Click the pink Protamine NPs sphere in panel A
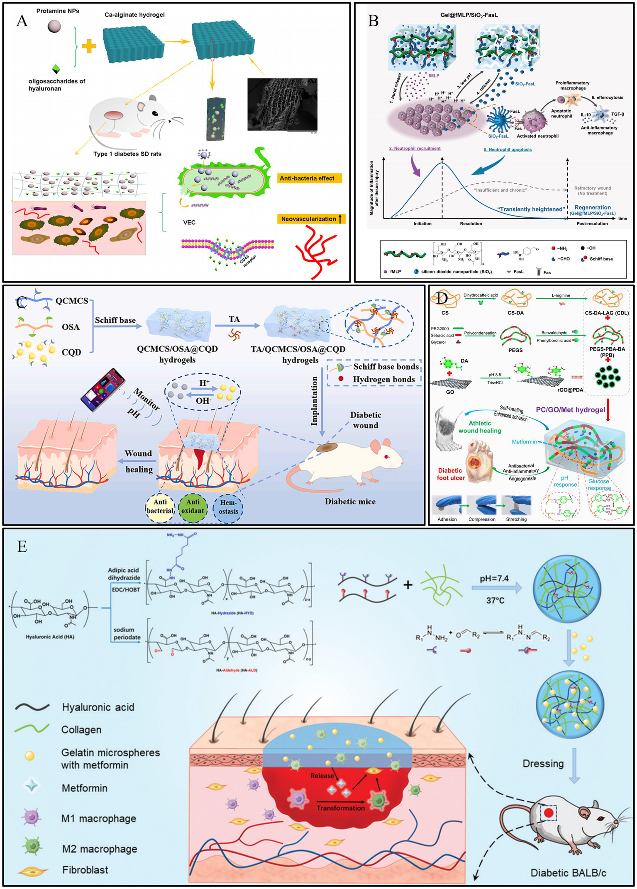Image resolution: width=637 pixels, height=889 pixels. click(x=54, y=27)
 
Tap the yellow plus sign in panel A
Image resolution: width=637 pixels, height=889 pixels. click(x=89, y=46)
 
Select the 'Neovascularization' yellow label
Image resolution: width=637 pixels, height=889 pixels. click(x=311, y=219)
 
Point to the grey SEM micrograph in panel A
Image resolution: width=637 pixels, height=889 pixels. click(x=282, y=105)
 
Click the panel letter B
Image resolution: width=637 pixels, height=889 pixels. click(x=373, y=21)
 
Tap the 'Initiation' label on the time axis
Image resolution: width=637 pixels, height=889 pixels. click(x=422, y=224)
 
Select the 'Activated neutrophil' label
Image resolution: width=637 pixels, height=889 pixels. click(x=537, y=136)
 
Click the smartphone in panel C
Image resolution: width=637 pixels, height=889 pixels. click(x=103, y=390)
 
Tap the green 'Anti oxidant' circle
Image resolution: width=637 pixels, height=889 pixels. click(x=193, y=506)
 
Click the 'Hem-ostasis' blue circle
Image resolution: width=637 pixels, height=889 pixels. click(x=228, y=507)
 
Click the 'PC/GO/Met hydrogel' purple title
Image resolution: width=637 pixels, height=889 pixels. click(x=570, y=409)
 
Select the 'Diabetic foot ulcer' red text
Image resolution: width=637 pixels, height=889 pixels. click(x=450, y=474)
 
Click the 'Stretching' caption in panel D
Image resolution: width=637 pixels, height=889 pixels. click(x=516, y=519)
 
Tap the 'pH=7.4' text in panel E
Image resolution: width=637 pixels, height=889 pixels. click(x=494, y=578)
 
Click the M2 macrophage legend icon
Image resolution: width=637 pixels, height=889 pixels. click(x=32, y=845)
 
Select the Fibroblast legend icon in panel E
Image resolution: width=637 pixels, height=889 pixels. click(x=32, y=870)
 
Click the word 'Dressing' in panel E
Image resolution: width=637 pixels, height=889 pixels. click(x=543, y=763)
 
